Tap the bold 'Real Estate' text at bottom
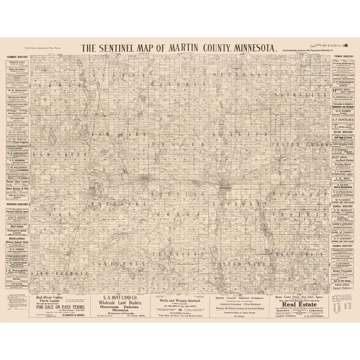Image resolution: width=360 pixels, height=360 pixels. pyautogui.click(x=292, y=305)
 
